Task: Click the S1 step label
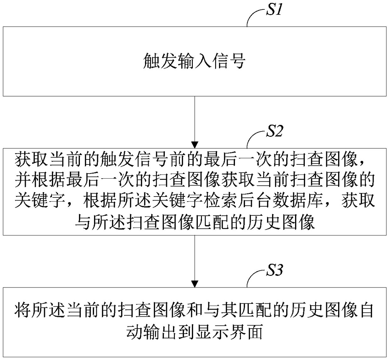click(274, 10)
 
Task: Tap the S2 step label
click(274, 131)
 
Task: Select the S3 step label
click(274, 270)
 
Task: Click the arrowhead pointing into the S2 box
click(195, 145)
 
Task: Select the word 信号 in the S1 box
click(228, 61)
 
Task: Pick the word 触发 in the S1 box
click(160, 61)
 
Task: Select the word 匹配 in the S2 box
click(212, 222)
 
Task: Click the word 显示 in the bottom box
click(212, 332)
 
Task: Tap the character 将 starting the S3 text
click(23, 311)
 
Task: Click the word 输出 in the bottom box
click(160, 332)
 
